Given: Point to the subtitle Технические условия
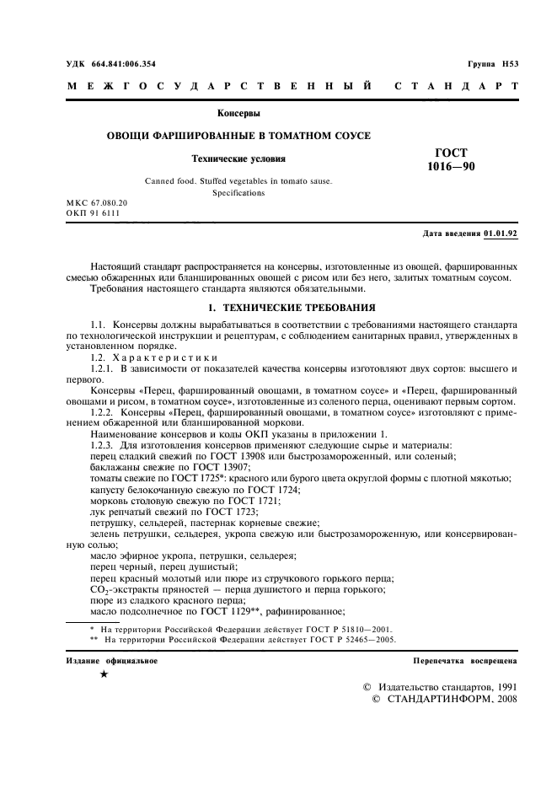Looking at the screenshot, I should [239, 158].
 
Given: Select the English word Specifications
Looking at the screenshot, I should [238, 193].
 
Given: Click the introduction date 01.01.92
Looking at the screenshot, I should [501, 233].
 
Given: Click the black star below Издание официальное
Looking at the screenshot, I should [103, 675].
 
